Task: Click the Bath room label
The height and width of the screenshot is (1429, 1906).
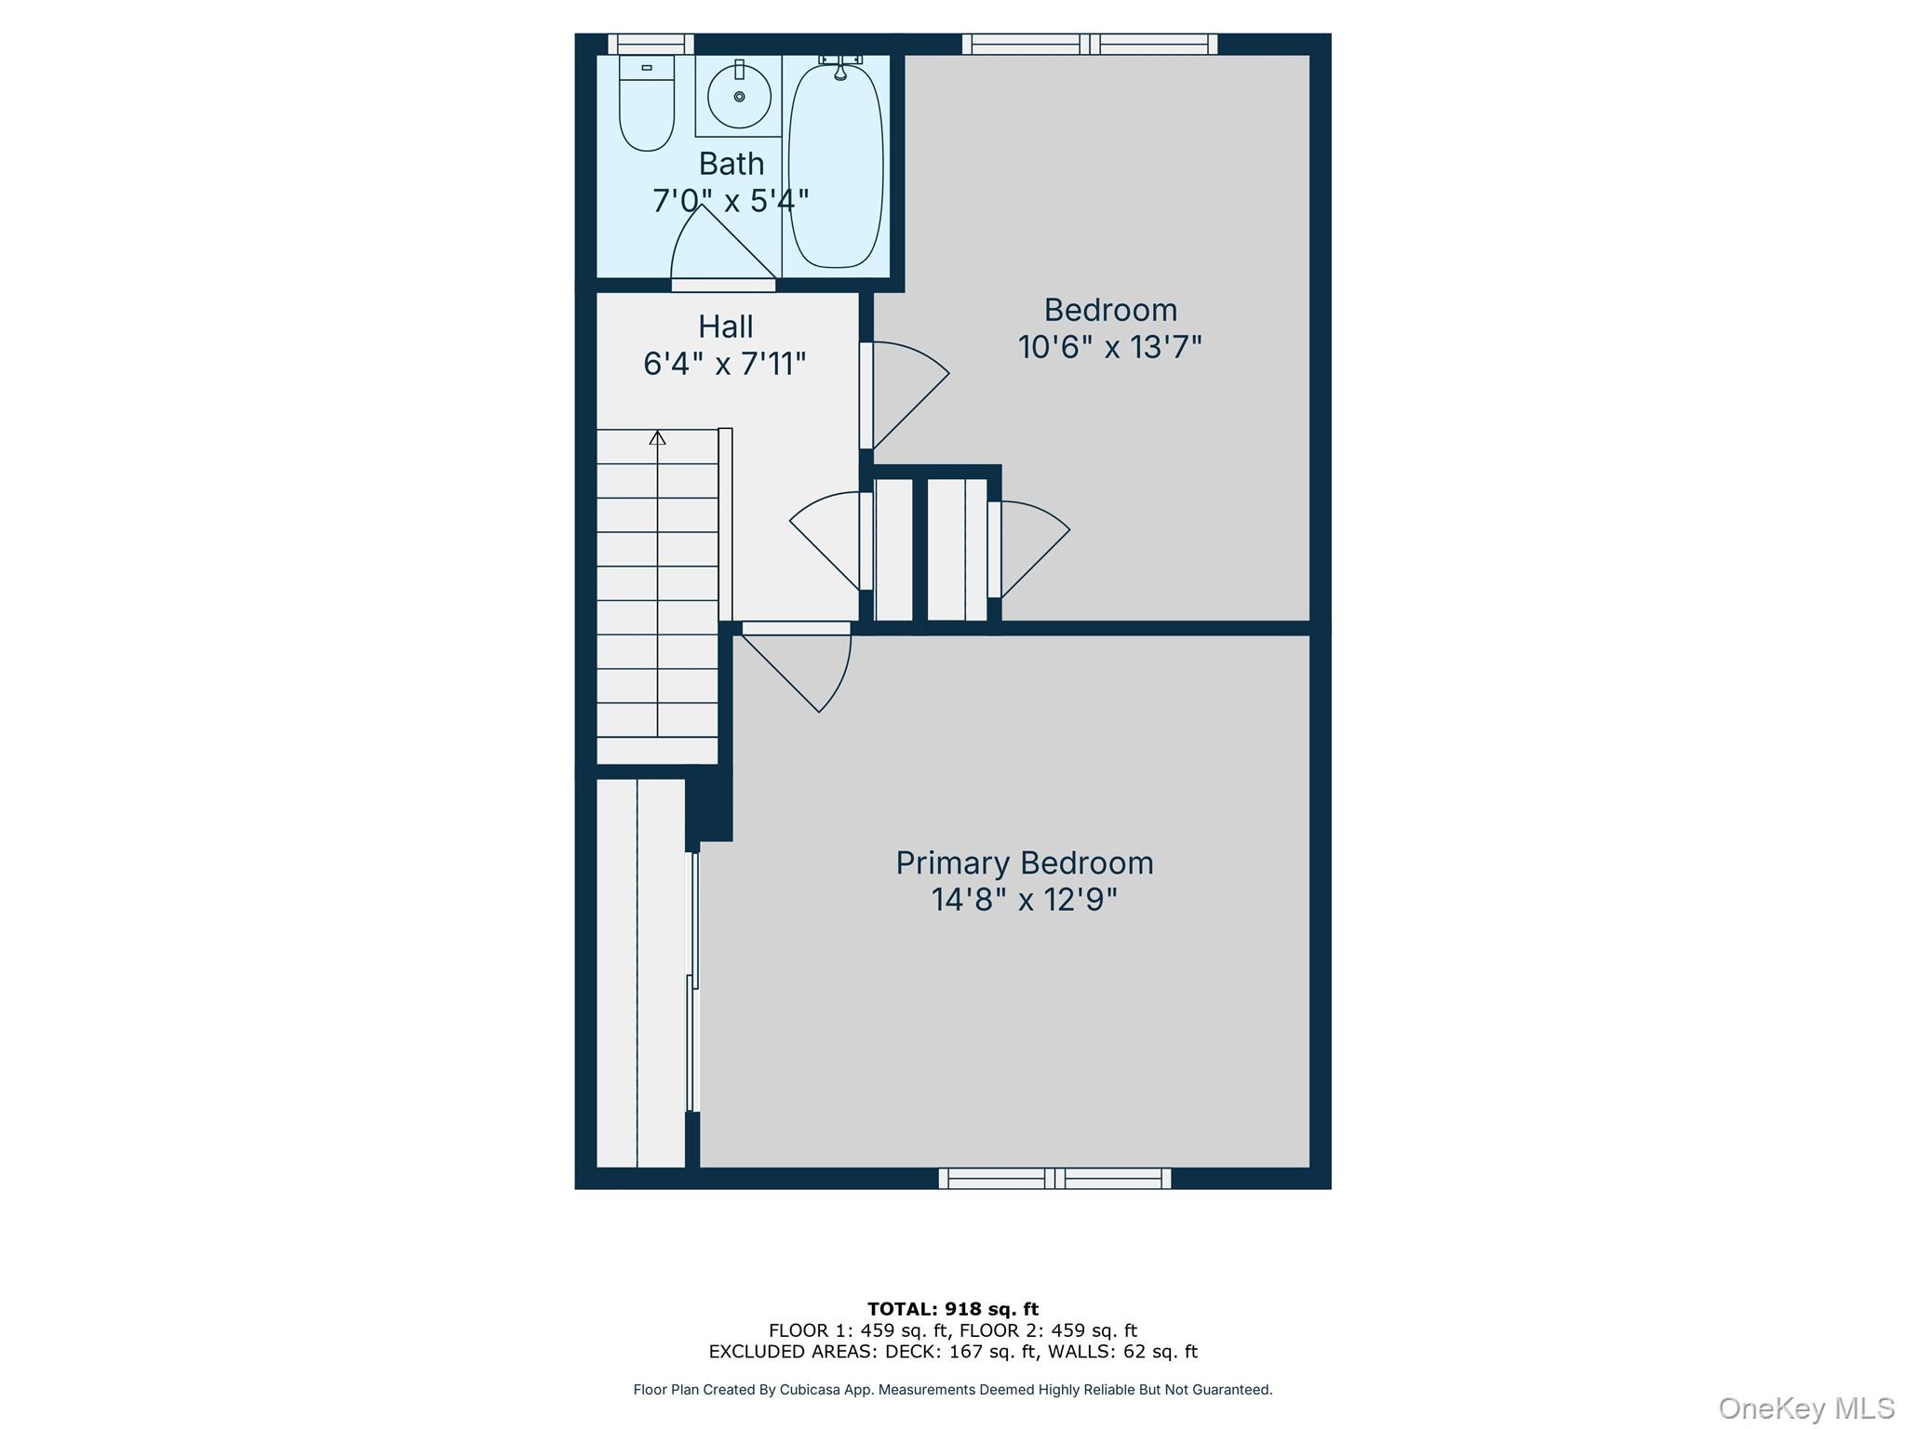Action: [x=732, y=164]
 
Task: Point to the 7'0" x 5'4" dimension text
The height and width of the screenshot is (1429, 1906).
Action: [x=732, y=200]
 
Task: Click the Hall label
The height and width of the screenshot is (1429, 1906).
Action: [x=726, y=327]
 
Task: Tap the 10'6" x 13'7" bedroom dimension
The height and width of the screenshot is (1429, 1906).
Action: [x=1109, y=347]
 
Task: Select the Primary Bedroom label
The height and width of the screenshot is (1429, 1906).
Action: [x=1024, y=862]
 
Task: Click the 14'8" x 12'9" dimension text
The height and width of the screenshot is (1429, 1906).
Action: [x=1024, y=900]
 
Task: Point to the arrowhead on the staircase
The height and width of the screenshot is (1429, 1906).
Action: [x=658, y=437]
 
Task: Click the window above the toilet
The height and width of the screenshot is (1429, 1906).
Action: [x=651, y=44]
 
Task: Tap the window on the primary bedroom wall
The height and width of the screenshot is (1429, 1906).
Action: [x=1054, y=1179]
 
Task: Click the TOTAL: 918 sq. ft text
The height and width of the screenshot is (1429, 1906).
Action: [x=952, y=1309]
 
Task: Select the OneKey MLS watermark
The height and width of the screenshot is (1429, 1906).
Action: [x=1805, y=1408]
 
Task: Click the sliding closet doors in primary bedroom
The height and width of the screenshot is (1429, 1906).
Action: [x=692, y=982]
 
